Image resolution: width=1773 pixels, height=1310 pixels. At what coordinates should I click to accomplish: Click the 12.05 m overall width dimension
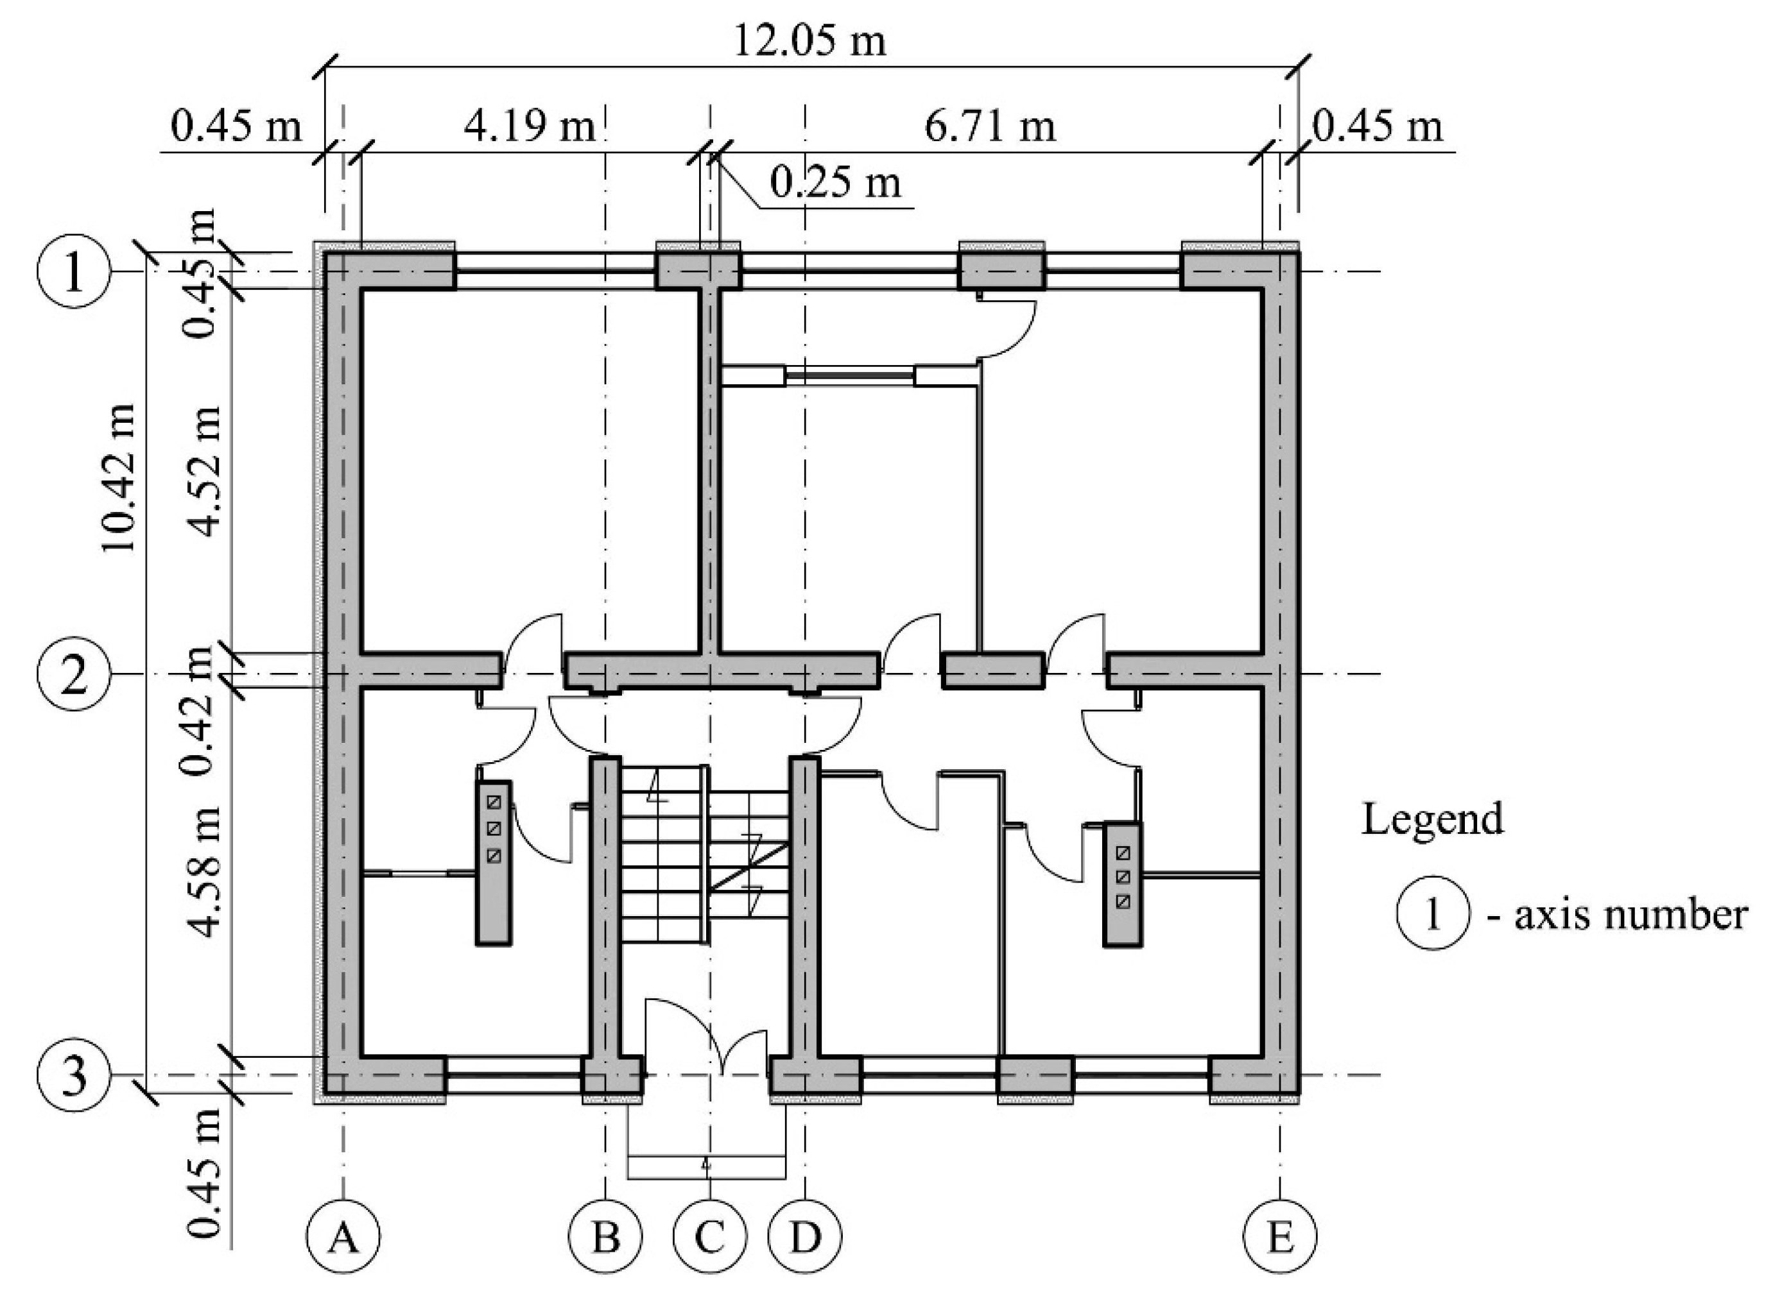(x=809, y=41)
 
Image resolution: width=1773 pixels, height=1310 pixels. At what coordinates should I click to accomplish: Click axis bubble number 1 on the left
(x=73, y=272)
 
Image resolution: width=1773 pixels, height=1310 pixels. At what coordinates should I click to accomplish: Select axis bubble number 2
(x=73, y=675)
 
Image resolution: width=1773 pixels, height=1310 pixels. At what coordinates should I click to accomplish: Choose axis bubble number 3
(x=73, y=1076)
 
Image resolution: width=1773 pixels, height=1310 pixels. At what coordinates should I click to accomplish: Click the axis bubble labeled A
(x=343, y=1236)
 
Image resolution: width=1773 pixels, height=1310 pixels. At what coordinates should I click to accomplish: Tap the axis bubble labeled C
(x=709, y=1236)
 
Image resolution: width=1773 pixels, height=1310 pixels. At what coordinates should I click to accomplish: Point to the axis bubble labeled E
(x=1279, y=1236)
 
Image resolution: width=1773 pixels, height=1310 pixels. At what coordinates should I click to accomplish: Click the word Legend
(x=1432, y=819)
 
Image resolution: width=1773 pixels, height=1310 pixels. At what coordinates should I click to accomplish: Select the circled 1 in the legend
(x=1432, y=914)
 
